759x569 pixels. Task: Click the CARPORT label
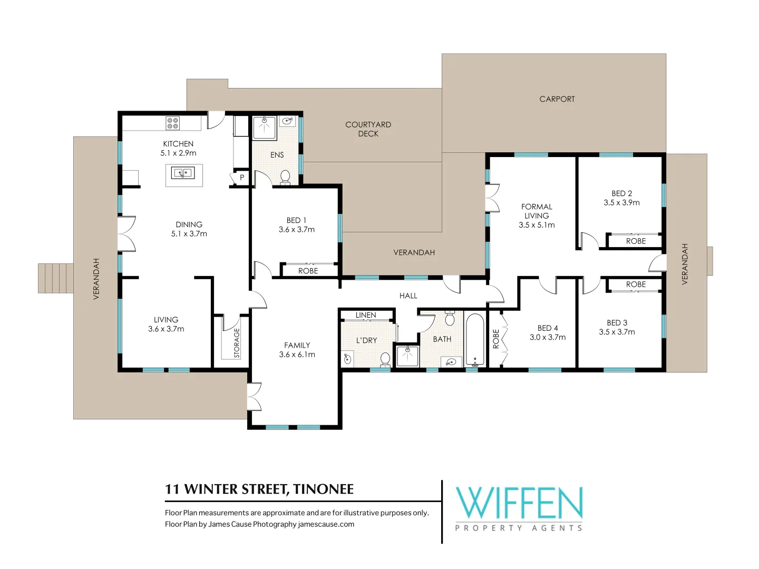coord(557,99)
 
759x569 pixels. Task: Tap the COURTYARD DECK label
coord(368,129)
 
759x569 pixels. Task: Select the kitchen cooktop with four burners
coord(173,123)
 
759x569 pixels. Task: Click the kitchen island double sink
coord(183,172)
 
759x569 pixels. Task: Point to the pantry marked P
coord(241,178)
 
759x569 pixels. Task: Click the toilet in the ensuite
coord(285,176)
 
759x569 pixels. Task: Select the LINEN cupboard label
coord(366,315)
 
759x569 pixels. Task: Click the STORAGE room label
coord(237,343)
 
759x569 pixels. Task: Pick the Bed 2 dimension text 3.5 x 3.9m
coord(621,203)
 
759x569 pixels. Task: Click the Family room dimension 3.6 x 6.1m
coord(297,355)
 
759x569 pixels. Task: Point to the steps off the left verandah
coord(55,278)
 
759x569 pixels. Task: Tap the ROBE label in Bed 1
coord(308,271)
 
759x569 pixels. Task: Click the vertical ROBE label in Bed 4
coord(495,339)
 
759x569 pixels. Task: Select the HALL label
coord(408,296)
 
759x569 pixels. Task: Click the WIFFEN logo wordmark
coord(519,503)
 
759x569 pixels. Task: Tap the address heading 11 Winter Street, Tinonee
coord(259,489)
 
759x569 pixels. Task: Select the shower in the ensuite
coord(264,128)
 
